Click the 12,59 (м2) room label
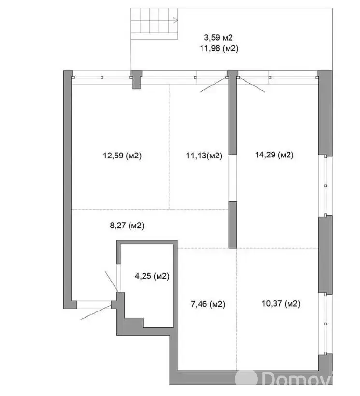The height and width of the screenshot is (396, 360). [122, 156]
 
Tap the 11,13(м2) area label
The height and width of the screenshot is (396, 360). [204, 156]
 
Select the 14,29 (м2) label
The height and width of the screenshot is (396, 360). [274, 155]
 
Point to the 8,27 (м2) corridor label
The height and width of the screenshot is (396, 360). [127, 225]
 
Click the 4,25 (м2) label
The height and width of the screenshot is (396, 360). [152, 276]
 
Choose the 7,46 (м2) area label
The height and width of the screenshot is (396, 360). [208, 304]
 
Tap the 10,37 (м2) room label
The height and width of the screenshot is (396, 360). [281, 303]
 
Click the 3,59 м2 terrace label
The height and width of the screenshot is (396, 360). [218, 38]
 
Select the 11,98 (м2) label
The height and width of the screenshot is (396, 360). [219, 48]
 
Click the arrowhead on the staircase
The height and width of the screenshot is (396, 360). [176, 20]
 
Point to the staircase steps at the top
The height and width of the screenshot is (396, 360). [154, 24]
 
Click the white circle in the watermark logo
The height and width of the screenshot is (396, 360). [246, 379]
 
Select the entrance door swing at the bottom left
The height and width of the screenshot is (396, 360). [96, 312]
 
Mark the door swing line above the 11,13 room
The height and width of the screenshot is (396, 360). [214, 85]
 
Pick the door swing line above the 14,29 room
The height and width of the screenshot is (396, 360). [252, 85]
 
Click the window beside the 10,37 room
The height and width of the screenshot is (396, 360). [325, 324]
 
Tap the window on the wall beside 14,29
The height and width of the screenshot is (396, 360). [325, 186]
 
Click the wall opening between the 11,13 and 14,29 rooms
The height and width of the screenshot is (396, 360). [233, 178]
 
